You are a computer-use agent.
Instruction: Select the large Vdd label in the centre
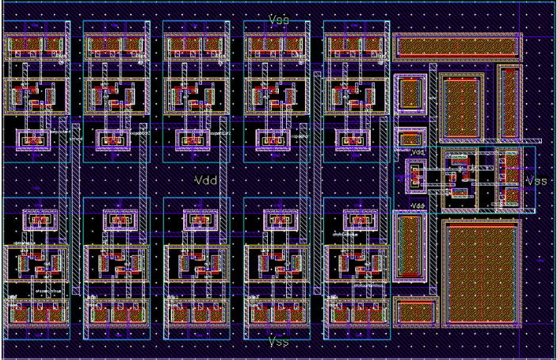[205, 180]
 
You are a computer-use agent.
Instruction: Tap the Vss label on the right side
[536, 181]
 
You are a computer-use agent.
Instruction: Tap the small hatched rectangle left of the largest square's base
[416, 312]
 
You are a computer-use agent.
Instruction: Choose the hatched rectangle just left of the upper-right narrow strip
[462, 108]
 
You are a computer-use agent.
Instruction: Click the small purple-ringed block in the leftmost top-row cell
[34, 140]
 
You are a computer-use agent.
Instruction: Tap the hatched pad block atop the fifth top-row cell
[355, 47]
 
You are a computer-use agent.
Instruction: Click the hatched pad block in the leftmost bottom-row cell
[36, 312]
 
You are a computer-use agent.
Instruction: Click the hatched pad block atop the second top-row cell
[115, 47]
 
